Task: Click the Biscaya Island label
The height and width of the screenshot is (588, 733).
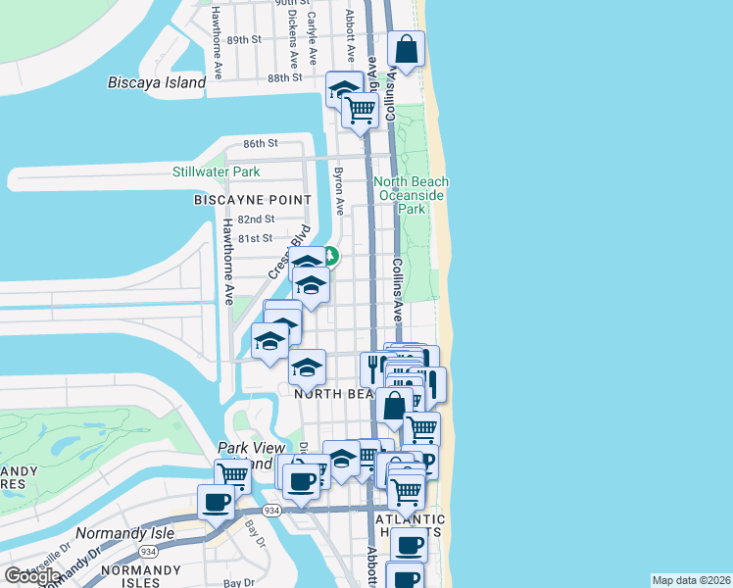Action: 157,82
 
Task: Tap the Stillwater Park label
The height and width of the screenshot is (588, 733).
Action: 217,171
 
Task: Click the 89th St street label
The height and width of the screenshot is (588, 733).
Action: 244,40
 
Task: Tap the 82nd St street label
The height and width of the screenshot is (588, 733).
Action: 255,220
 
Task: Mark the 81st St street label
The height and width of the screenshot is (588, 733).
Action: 253,237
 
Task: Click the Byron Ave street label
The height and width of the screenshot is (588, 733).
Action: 339,192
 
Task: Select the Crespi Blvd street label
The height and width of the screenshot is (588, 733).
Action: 288,249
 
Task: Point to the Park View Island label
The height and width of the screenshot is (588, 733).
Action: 245,455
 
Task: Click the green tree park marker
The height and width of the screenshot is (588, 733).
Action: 331,257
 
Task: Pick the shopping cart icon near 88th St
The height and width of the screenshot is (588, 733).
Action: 361,110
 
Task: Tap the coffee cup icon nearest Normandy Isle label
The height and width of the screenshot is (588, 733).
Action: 217,503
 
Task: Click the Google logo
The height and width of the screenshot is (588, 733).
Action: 33,575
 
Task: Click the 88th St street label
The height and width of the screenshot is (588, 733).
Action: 284,78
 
